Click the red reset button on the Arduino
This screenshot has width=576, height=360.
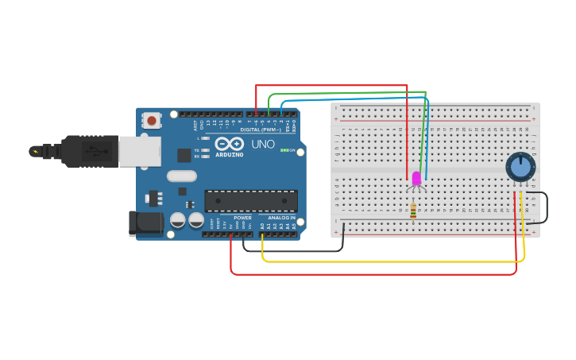pos(151,121)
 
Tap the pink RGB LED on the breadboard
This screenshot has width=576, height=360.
pos(416,179)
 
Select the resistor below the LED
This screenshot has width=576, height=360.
pos(413,211)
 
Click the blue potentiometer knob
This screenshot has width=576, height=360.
pos(520,167)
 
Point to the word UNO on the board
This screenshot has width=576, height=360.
pos(263,145)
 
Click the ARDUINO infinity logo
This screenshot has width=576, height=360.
pos(229,144)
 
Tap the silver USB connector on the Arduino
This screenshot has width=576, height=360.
pos(140,151)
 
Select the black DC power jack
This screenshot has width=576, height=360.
pos(145,223)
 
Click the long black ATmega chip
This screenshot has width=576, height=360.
pos(251,200)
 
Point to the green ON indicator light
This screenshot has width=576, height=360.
pos(284,150)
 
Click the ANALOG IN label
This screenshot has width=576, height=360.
pos(281,218)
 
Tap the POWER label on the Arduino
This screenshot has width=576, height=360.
pos(242,218)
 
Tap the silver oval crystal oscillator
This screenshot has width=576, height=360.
pos(181,176)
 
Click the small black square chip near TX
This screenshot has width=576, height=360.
pos(184,155)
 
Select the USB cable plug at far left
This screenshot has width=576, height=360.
pos(48,151)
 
